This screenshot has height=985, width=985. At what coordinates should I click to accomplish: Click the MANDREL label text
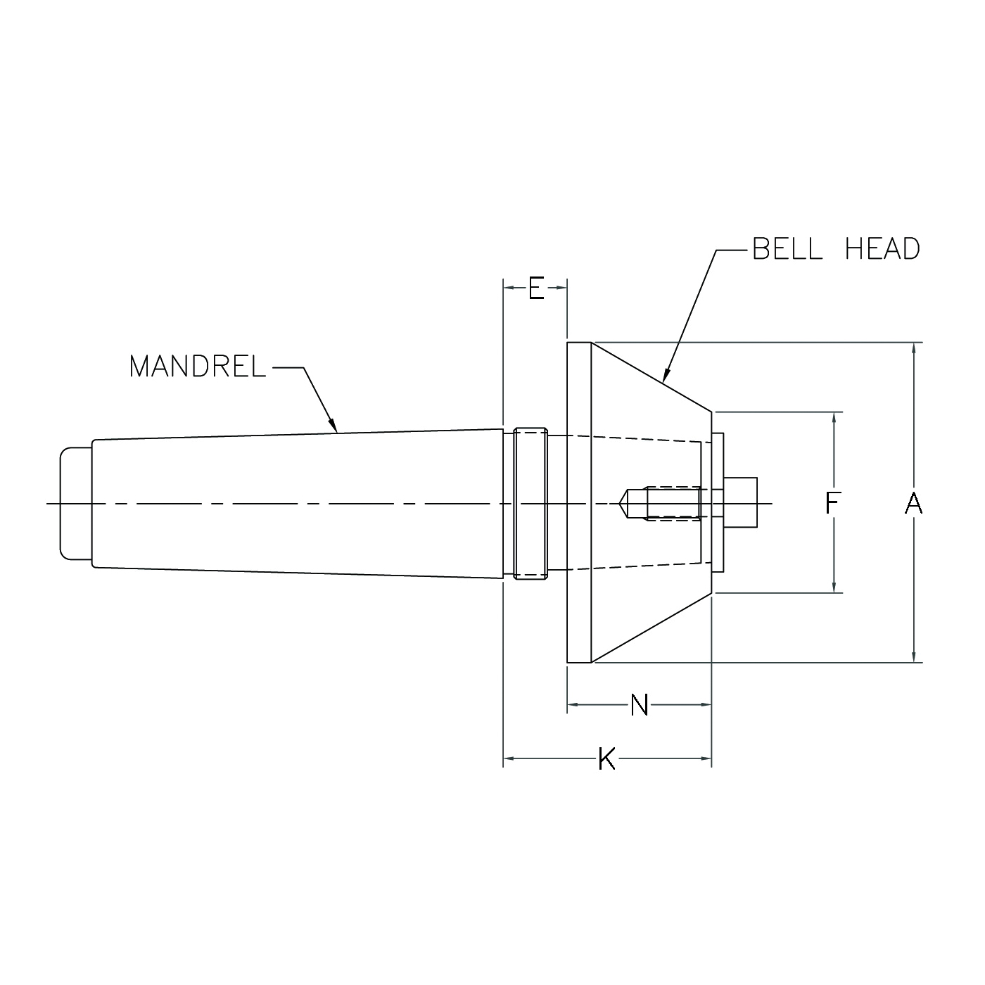click(198, 367)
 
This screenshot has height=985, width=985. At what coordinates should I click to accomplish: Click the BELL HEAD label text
click(836, 249)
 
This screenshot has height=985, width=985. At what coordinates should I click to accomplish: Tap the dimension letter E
click(536, 288)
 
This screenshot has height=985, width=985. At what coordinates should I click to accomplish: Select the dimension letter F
click(832, 503)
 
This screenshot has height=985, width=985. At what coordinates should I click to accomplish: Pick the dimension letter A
click(913, 503)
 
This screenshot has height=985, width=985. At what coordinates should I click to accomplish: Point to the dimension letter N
click(639, 705)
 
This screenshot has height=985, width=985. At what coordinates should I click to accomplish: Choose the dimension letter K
click(606, 759)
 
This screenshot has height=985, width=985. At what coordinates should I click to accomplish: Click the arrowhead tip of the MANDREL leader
click(337, 431)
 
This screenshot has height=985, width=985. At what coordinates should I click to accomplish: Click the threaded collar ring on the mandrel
click(530, 503)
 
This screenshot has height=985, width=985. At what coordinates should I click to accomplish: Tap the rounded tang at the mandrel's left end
click(75, 503)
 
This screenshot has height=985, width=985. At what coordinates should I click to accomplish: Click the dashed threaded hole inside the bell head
click(672, 503)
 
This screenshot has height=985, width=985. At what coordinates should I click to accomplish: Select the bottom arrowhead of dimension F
click(834, 590)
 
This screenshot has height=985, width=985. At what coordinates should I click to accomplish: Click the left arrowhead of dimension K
click(507, 758)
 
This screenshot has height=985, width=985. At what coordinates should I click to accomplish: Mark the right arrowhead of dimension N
click(708, 704)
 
